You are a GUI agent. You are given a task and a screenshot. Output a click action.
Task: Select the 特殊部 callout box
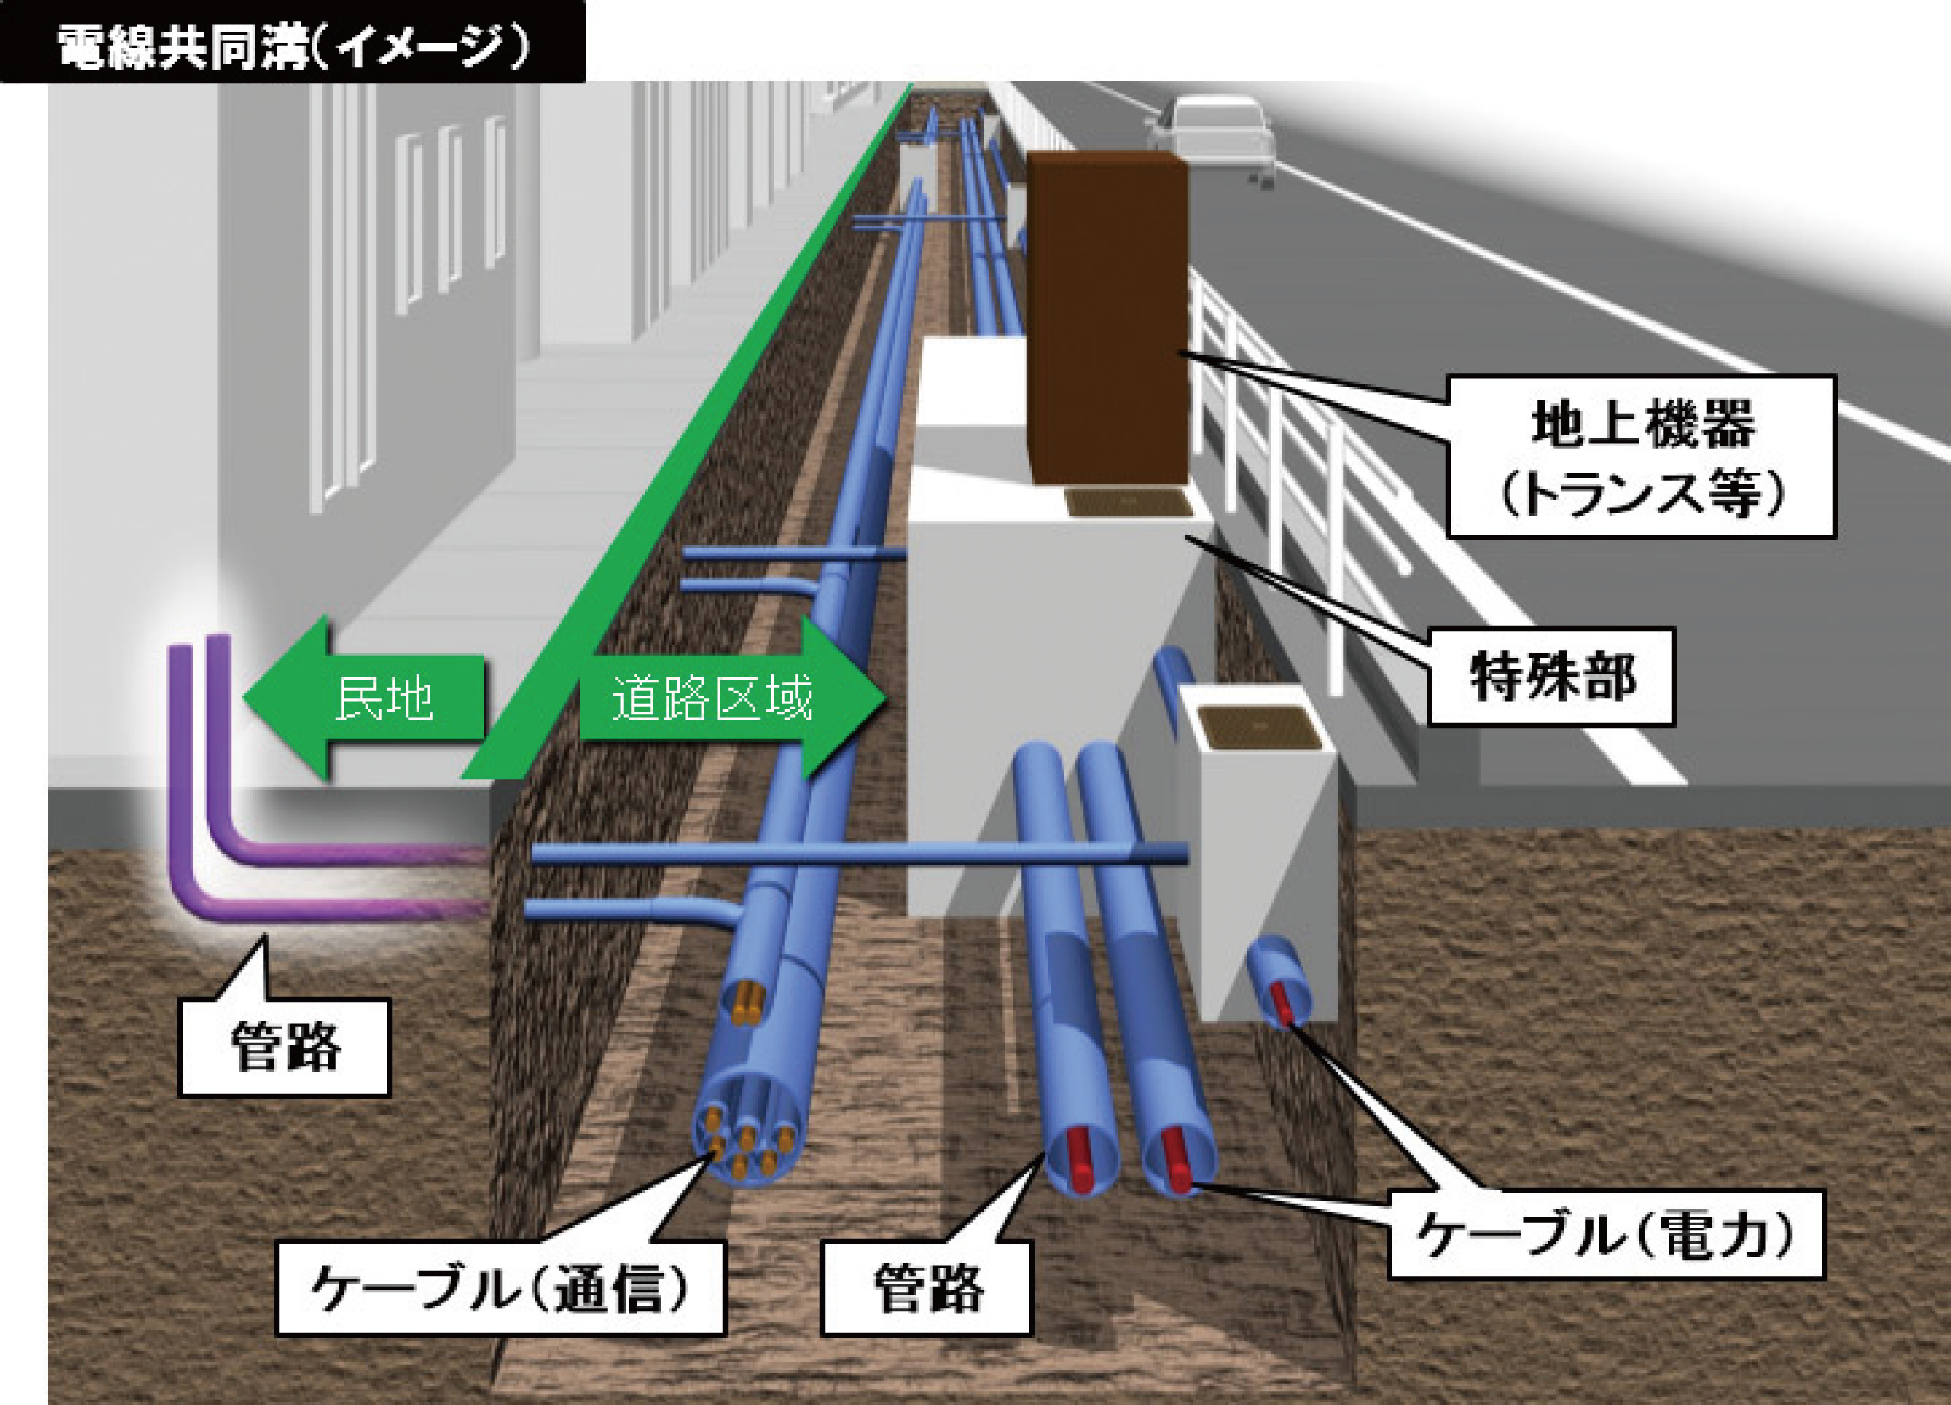click(1551, 676)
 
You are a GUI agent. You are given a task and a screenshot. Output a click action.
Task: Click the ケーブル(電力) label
click(1606, 1235)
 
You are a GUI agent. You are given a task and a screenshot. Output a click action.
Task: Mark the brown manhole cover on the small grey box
click(1260, 727)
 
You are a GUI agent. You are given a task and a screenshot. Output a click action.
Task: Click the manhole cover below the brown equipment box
click(1129, 502)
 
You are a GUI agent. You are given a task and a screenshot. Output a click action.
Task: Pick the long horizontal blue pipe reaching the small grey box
click(860, 854)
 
